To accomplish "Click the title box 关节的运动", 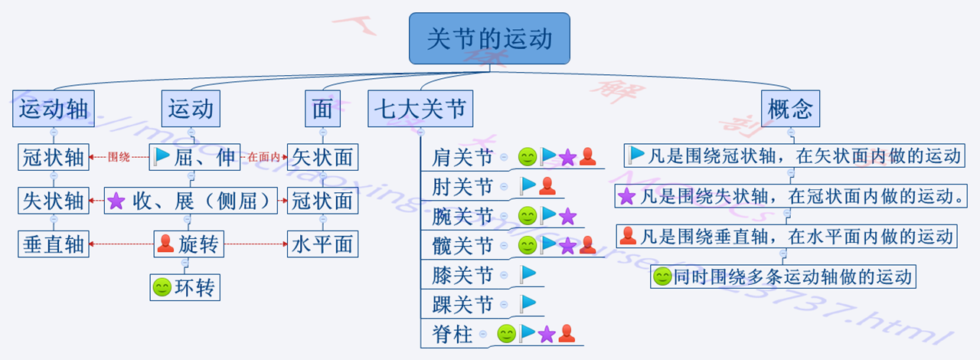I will click(489, 38).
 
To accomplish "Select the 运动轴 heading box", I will click(53, 108).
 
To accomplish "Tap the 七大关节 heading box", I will click(420, 108).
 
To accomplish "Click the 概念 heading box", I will click(789, 108).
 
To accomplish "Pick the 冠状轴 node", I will click(53, 157).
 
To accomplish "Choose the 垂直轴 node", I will click(53, 244).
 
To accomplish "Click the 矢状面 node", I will click(322, 157).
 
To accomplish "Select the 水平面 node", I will click(322, 244).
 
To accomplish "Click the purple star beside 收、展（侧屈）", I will click(116, 201).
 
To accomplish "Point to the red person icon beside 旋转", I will click(165, 244).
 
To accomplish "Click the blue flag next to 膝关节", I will click(528, 274).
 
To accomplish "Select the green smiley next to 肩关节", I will click(527, 157).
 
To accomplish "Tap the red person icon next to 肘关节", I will click(547, 186).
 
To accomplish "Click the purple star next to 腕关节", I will click(567, 216).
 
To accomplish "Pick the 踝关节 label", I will click(462, 304).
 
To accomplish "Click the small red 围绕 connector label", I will click(119, 158).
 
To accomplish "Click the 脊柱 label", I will click(452, 334).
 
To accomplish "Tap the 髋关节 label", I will click(462, 246).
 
